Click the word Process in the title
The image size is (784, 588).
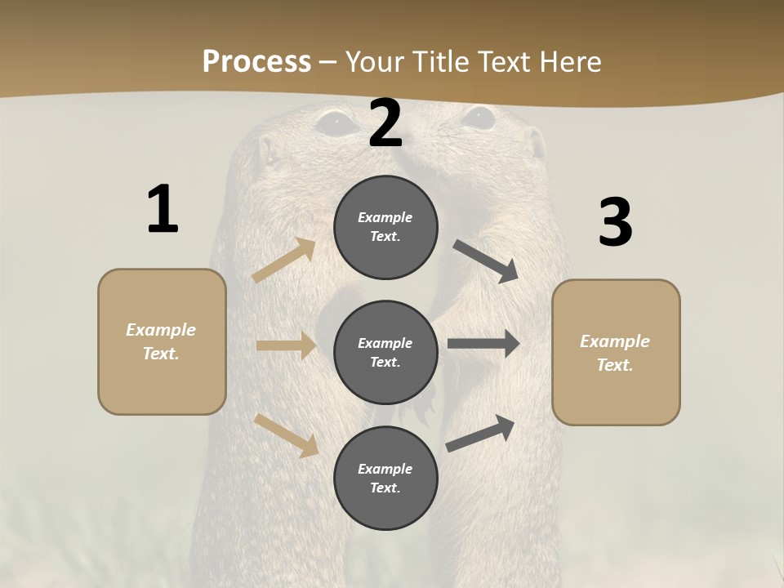(x=256, y=61)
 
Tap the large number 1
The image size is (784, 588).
(x=163, y=210)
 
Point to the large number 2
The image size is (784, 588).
(x=385, y=124)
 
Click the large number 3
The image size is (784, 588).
(x=615, y=223)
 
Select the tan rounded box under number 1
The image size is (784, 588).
(x=162, y=384)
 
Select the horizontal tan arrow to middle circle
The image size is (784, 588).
(x=286, y=345)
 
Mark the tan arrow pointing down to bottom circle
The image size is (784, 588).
(x=287, y=434)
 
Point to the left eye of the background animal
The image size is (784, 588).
(x=335, y=122)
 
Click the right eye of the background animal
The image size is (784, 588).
(x=478, y=118)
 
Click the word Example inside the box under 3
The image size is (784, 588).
(x=615, y=341)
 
